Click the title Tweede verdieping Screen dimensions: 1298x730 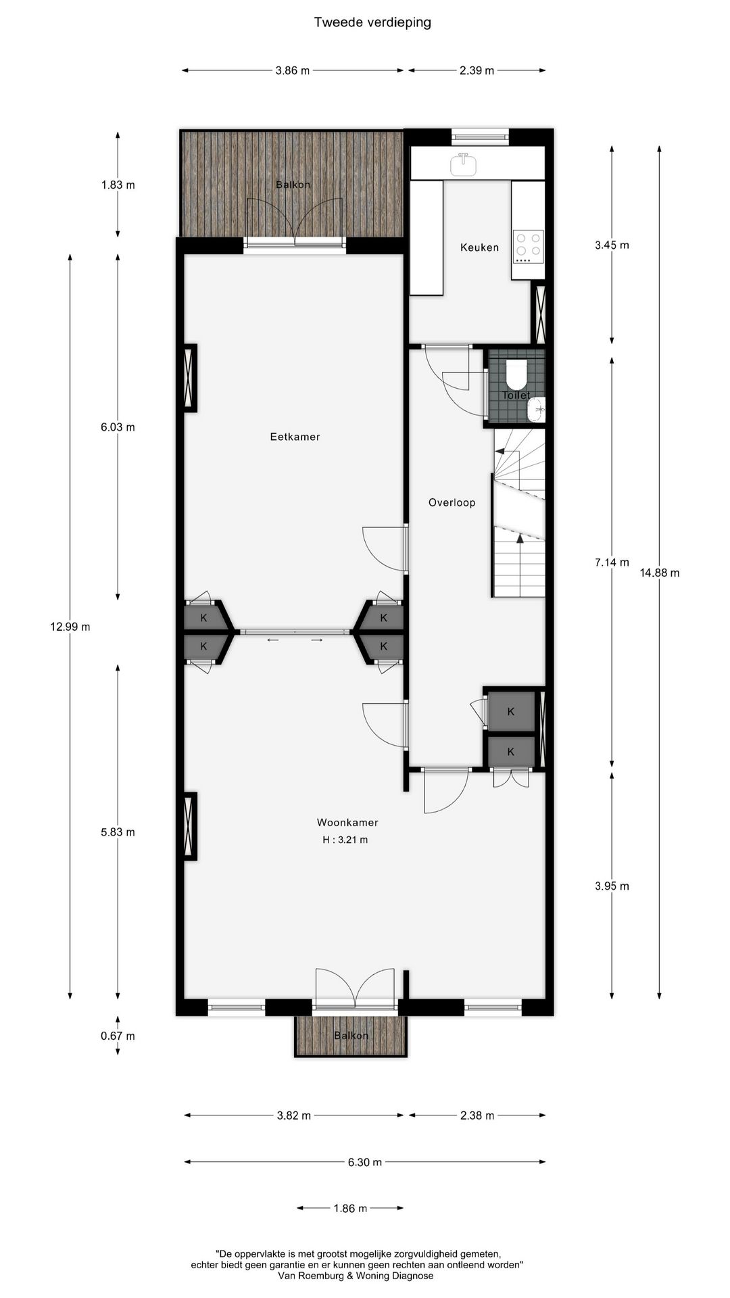tap(372, 22)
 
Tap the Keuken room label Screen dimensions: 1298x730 tap(479, 247)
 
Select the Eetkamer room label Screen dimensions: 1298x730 tap(295, 437)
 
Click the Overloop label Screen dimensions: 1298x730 tap(452, 502)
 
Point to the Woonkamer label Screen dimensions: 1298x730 tap(347, 823)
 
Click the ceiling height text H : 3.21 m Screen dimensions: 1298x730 tap(345, 840)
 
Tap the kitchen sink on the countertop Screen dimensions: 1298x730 tap(464, 163)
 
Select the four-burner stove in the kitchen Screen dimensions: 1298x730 tap(528, 247)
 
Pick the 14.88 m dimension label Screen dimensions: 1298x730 tap(659, 573)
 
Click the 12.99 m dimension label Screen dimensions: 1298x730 tap(70, 627)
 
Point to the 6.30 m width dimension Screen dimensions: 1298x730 tap(365, 1162)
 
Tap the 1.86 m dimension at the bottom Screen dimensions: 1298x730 tap(350, 1208)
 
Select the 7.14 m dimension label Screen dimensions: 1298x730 tap(612, 562)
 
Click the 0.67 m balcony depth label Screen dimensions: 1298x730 tap(118, 1036)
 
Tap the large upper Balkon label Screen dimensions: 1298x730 tap(293, 185)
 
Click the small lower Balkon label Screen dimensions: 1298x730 tap(351, 1036)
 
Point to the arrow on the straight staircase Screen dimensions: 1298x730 tap(520, 539)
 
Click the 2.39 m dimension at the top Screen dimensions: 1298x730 tap(477, 70)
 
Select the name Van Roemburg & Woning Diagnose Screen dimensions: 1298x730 tap(356, 1276)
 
